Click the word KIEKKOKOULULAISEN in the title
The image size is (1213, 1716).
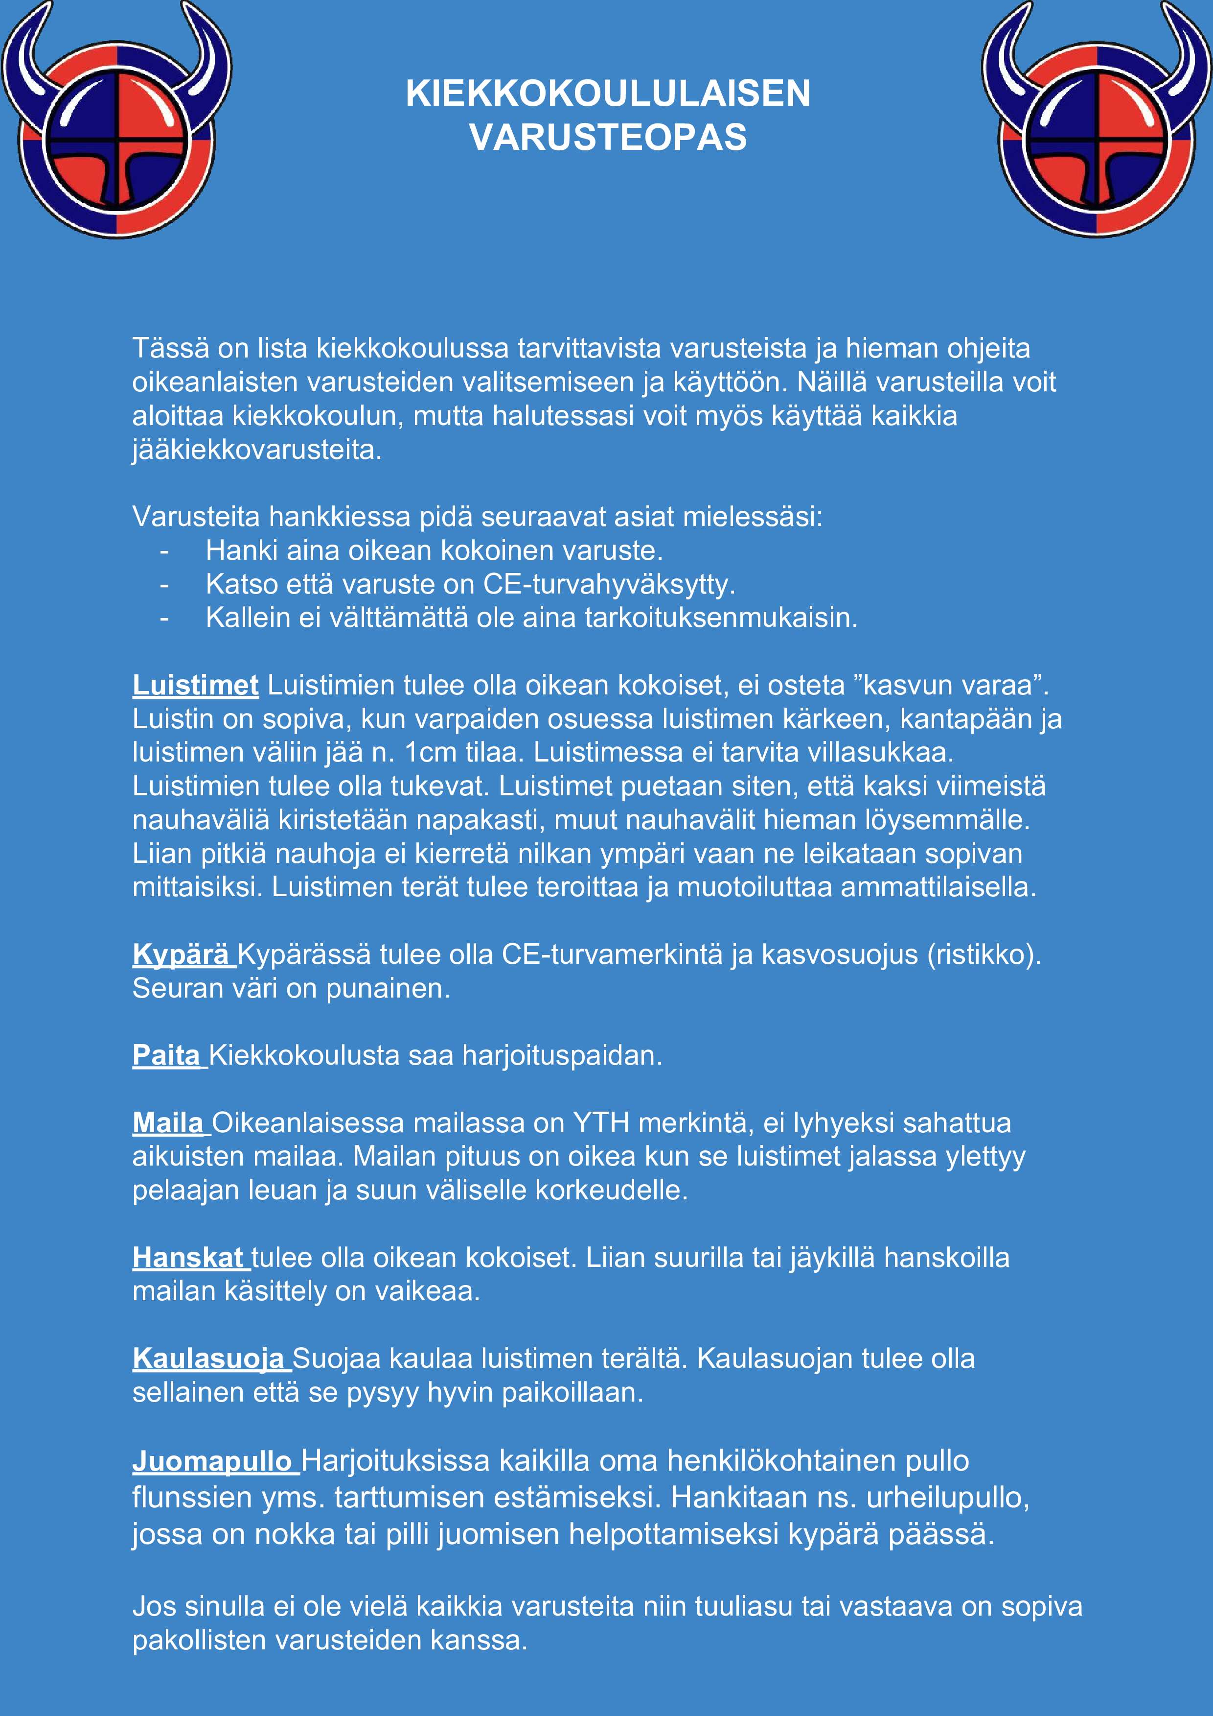(607, 94)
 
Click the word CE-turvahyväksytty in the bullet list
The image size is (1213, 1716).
(608, 584)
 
